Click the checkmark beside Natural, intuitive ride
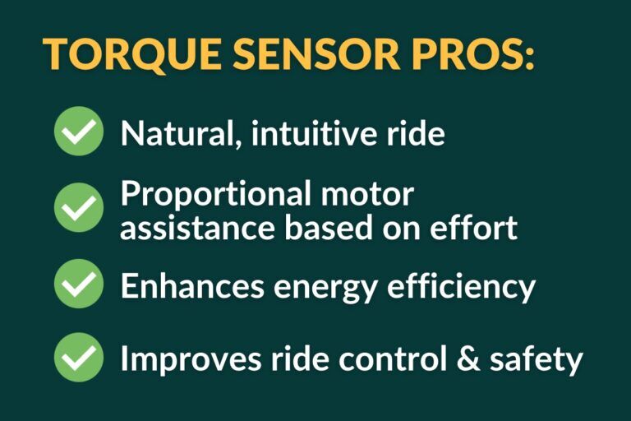79,132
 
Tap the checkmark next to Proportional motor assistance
79,207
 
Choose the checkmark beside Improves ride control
79,358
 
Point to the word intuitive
315,133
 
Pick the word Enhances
191,285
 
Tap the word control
380,359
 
